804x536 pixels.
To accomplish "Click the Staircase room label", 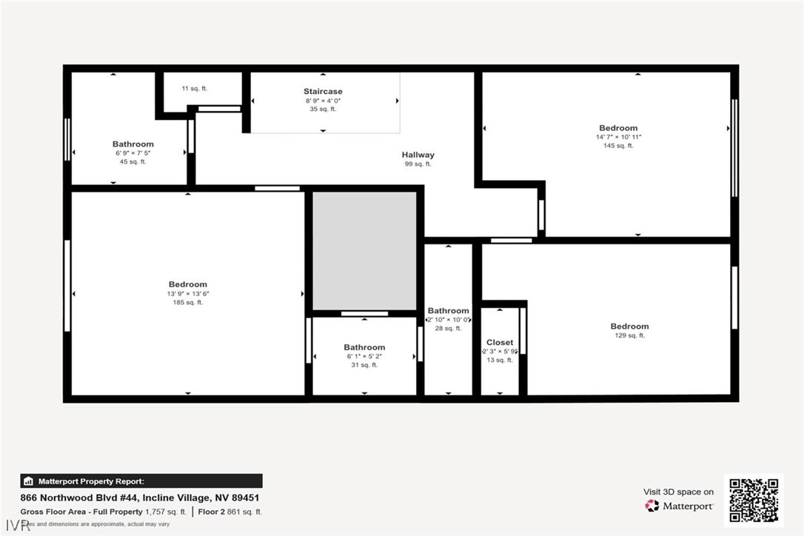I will [x=323, y=92].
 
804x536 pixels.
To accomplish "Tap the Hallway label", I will [x=418, y=155].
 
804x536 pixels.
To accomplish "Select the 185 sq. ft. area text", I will [x=188, y=302].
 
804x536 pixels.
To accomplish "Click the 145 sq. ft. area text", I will [x=618, y=146].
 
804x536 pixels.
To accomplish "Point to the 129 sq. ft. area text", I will [x=629, y=335].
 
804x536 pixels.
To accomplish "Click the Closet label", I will [x=500, y=343].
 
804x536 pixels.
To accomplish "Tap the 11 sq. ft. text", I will [x=195, y=89].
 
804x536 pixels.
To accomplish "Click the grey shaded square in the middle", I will [x=364, y=250].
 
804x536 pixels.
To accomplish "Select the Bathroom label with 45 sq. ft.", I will [x=133, y=144].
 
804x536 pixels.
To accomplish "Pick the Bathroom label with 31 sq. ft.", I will [x=364, y=347].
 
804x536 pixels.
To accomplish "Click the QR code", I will [x=754, y=500].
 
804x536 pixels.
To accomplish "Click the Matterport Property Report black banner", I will [x=141, y=481].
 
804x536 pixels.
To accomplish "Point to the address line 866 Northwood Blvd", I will [x=140, y=498].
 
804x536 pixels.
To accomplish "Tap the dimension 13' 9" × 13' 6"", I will [x=188, y=293].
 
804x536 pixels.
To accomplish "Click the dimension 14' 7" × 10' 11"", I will [x=618, y=137].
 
